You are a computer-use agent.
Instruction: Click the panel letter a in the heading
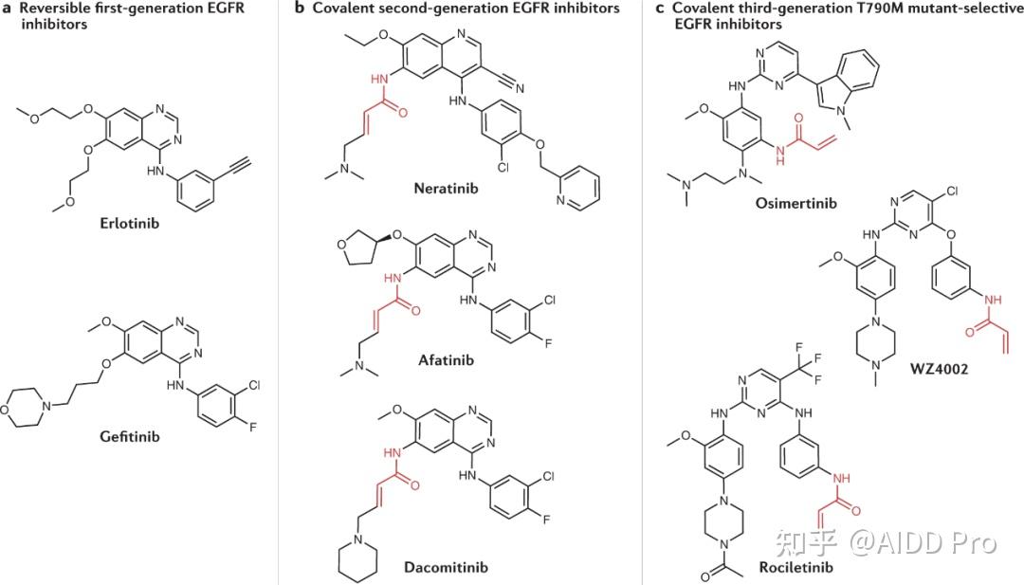pos(8,9)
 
